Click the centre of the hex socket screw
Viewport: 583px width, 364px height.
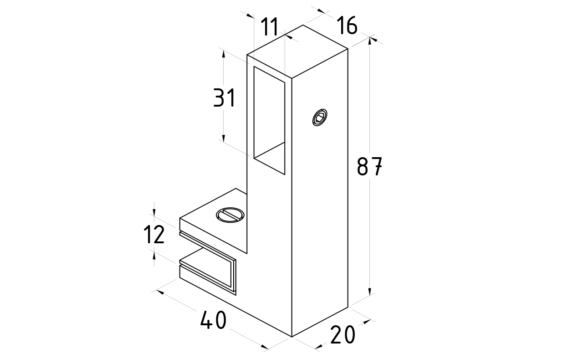point(320,118)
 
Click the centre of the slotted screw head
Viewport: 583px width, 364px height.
point(230,215)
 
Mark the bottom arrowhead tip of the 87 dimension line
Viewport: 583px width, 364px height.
point(370,296)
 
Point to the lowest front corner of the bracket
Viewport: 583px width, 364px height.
point(292,337)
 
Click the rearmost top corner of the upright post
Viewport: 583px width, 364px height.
point(303,25)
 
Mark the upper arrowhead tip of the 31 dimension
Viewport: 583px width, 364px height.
point(223,50)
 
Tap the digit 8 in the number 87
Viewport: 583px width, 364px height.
point(363,166)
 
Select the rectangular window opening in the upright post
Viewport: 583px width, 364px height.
point(269,120)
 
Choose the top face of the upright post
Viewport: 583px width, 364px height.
point(297,51)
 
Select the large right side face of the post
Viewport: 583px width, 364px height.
point(320,193)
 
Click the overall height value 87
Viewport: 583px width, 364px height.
point(369,166)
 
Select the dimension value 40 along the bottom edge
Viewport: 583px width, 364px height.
point(213,320)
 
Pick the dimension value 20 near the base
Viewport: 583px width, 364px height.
point(343,334)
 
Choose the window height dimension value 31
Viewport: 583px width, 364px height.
point(224,97)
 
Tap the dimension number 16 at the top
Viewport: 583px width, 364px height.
point(347,25)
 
